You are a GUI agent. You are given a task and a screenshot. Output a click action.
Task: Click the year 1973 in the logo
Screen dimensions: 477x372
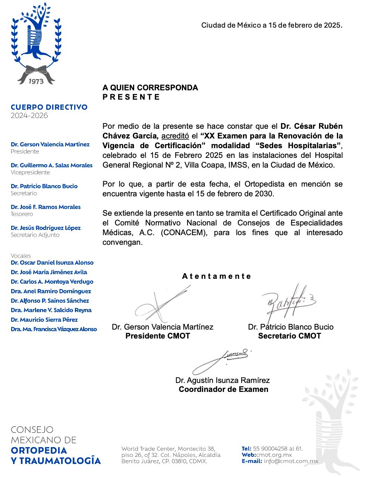pos(36,81)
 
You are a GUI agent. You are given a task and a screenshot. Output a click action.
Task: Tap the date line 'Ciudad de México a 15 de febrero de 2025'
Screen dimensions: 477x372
pos(271,25)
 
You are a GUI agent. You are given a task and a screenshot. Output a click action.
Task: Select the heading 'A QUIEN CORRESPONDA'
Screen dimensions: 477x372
pos(150,88)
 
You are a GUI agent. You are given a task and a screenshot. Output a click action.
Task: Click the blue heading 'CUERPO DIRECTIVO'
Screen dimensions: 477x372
pos(49,107)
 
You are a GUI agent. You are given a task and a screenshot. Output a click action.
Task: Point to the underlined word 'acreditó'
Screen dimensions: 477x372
pos(175,136)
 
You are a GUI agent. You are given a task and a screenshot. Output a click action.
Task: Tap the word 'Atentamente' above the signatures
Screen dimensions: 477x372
pos(217,276)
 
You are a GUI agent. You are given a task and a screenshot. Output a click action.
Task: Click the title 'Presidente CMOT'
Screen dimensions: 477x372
pos(158,336)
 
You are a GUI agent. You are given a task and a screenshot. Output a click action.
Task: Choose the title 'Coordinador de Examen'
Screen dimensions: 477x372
pos(223,389)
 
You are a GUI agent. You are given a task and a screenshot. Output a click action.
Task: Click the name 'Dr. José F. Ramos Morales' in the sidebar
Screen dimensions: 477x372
pos(45,207)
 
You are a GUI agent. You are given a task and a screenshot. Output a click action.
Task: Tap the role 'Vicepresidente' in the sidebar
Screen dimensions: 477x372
pos(30,172)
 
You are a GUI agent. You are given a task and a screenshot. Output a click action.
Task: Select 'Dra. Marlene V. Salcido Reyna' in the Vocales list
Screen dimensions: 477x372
pos(51,310)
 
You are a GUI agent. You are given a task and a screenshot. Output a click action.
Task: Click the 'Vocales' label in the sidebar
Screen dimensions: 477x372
pos(21,256)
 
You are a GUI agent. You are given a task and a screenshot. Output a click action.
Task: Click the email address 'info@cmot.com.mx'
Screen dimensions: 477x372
pos(291,461)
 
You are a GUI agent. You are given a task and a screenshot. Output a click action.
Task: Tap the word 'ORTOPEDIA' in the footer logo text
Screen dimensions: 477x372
pos(39,450)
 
